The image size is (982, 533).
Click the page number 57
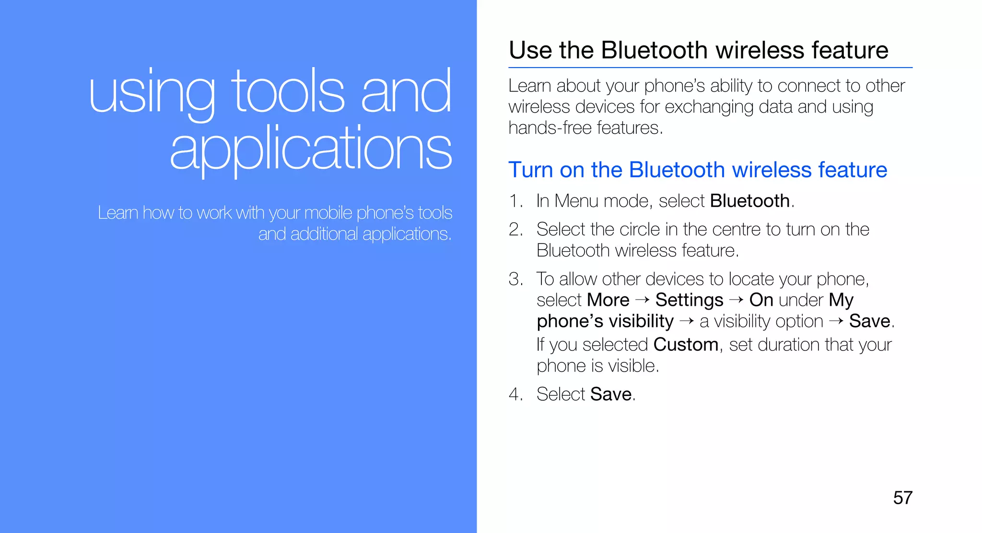coord(902,498)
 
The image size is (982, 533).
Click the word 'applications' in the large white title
coord(311,149)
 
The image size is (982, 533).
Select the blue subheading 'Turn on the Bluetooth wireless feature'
coord(698,170)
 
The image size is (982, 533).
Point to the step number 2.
coord(515,230)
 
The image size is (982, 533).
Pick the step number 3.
coord(515,279)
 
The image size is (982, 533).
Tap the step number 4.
coord(515,394)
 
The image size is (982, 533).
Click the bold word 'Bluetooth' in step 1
coord(749,201)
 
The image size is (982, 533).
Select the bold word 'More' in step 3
coord(608,300)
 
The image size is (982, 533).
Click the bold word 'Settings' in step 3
coord(689,300)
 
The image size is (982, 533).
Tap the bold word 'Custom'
coord(686,345)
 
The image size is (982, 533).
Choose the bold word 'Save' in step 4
coord(611,394)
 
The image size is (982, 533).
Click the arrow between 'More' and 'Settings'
coord(643,300)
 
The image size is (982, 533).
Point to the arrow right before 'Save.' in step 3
coord(836,321)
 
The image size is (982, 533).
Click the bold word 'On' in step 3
coord(761,300)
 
